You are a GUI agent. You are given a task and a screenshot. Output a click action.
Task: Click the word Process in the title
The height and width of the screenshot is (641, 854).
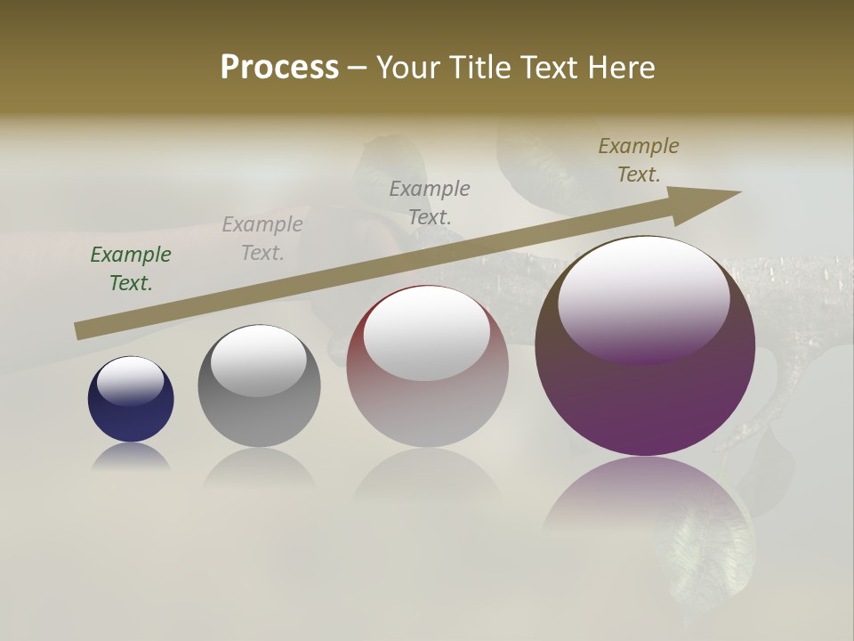click(x=279, y=68)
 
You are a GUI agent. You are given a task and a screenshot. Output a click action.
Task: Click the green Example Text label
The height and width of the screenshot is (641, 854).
click(x=131, y=269)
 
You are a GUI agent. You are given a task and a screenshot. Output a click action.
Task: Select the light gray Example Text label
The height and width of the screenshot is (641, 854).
click(x=262, y=239)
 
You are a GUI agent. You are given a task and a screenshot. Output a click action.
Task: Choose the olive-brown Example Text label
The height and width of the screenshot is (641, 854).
click(x=639, y=160)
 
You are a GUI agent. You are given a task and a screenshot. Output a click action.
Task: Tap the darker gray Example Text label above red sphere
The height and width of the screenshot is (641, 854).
click(x=430, y=202)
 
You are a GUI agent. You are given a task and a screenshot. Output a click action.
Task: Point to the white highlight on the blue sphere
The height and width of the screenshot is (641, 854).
click(x=131, y=380)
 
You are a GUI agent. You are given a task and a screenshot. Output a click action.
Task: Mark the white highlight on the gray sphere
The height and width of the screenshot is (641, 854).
click(x=258, y=360)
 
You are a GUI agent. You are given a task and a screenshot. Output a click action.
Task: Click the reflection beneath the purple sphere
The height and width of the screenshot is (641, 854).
click(x=645, y=499)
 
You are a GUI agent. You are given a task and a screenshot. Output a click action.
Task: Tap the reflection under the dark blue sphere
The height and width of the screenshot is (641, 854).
click(x=131, y=457)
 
